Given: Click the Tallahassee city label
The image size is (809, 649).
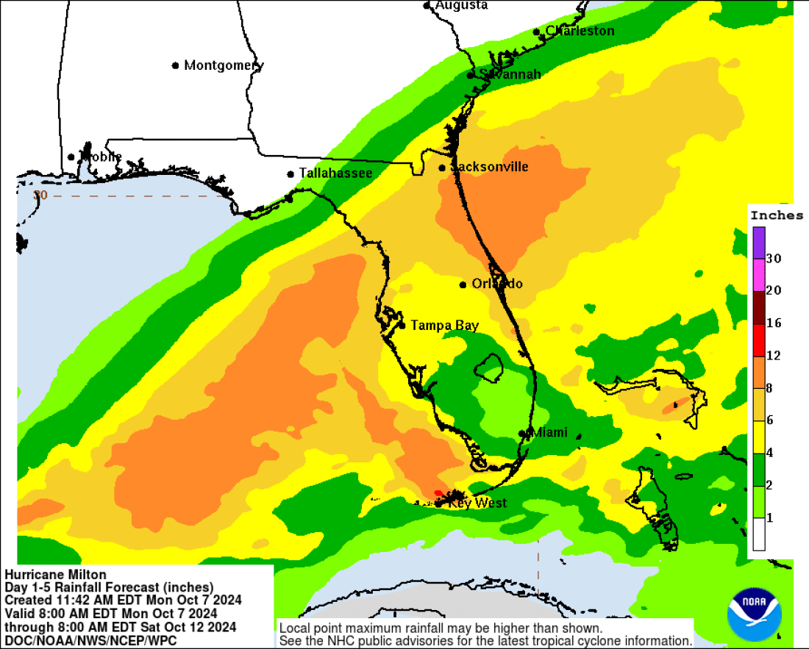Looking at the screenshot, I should (x=335, y=173).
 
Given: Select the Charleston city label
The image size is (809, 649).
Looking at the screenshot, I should (x=580, y=31).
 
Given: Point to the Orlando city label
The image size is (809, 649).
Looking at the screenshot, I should (x=497, y=284).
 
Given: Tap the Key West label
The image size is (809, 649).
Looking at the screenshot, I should (x=477, y=503).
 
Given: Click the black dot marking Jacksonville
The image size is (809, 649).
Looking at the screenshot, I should (x=442, y=168).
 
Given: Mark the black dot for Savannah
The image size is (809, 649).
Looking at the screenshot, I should (x=471, y=75).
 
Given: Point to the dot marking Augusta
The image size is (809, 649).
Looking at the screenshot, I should (x=427, y=6).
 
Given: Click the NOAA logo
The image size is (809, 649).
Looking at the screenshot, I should (x=754, y=613).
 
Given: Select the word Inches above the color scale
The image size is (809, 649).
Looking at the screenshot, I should (x=777, y=215).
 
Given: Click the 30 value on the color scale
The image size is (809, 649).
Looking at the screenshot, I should (x=774, y=259).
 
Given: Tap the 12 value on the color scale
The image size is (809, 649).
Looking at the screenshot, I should (x=774, y=356).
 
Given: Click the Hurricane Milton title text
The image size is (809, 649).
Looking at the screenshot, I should (x=56, y=575).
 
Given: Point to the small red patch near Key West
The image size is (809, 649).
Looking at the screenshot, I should (x=438, y=492).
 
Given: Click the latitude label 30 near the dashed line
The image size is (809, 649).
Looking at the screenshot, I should (x=40, y=195).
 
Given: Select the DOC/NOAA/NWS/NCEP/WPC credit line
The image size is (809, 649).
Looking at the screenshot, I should (x=91, y=640).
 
